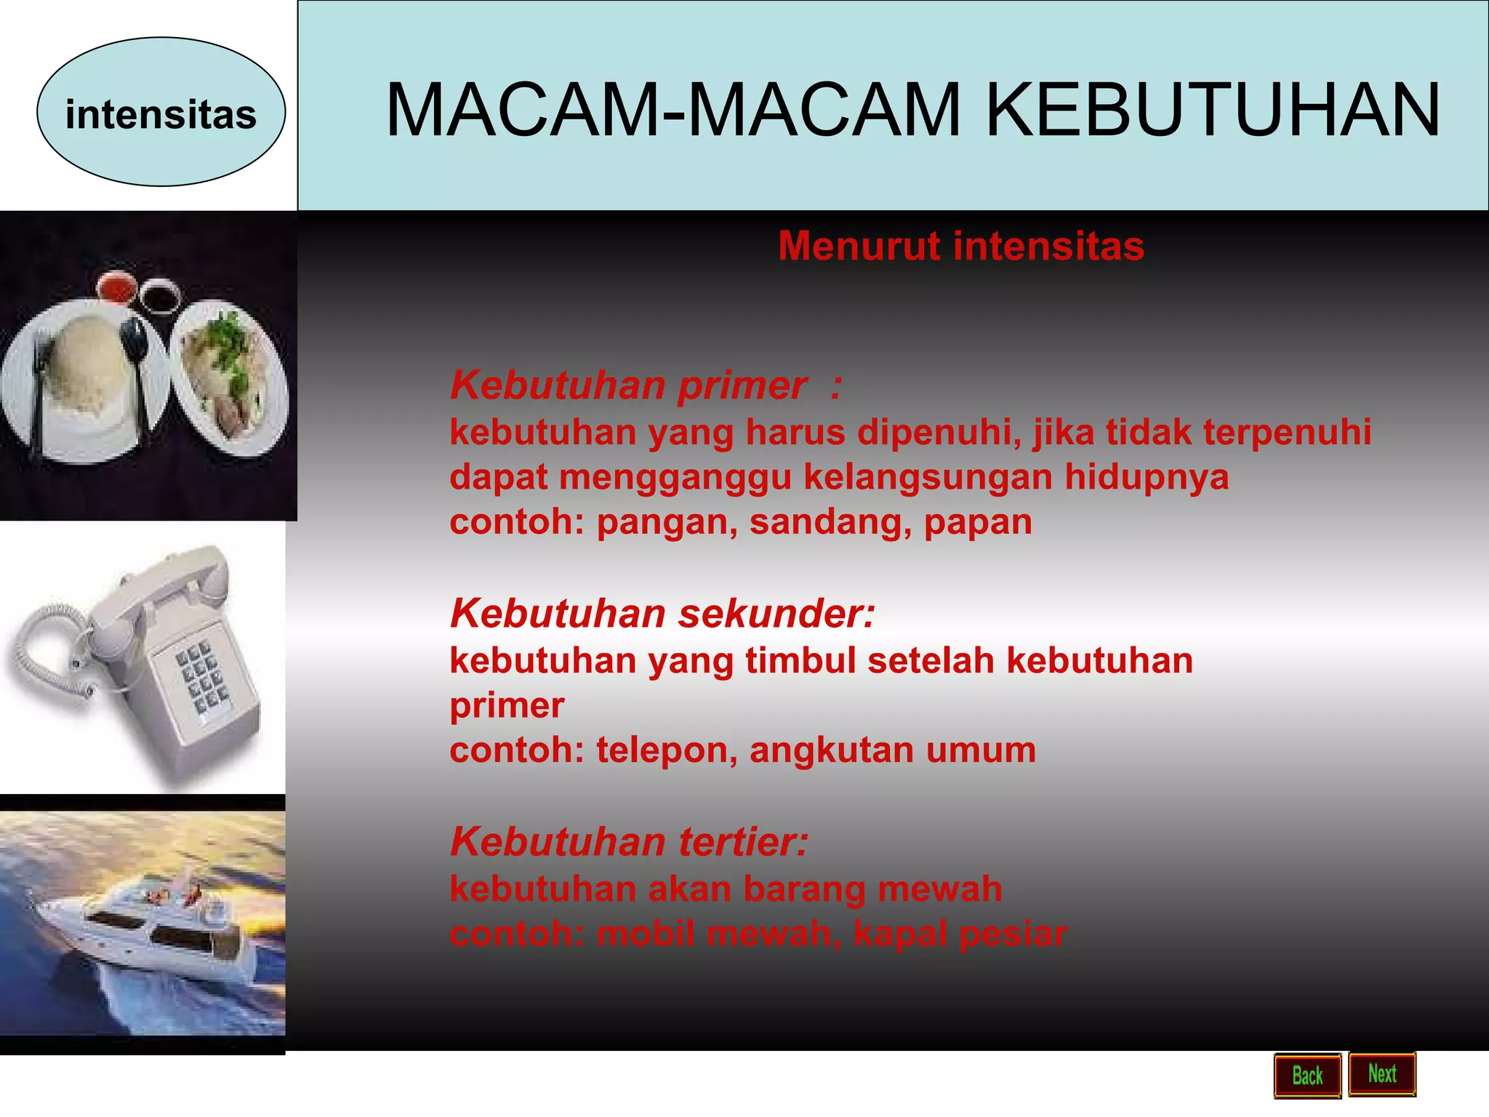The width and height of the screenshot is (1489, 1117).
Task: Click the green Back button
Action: (x=1307, y=1076)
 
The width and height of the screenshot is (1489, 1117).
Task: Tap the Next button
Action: (x=1381, y=1073)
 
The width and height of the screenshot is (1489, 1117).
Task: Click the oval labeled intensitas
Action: (x=161, y=113)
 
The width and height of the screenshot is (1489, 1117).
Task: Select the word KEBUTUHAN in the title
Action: (x=1212, y=110)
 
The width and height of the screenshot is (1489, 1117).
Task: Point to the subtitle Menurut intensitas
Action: (x=960, y=246)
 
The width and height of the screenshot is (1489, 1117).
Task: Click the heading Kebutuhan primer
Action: (x=628, y=385)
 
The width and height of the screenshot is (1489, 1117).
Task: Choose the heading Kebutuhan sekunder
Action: (x=662, y=613)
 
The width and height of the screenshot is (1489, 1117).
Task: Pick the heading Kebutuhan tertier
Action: (x=628, y=841)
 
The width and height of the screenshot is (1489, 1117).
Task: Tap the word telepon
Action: (x=661, y=750)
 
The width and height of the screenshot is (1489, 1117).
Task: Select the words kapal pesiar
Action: (x=960, y=934)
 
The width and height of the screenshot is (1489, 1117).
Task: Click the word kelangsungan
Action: (x=928, y=478)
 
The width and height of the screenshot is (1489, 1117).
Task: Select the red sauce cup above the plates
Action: (x=116, y=286)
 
